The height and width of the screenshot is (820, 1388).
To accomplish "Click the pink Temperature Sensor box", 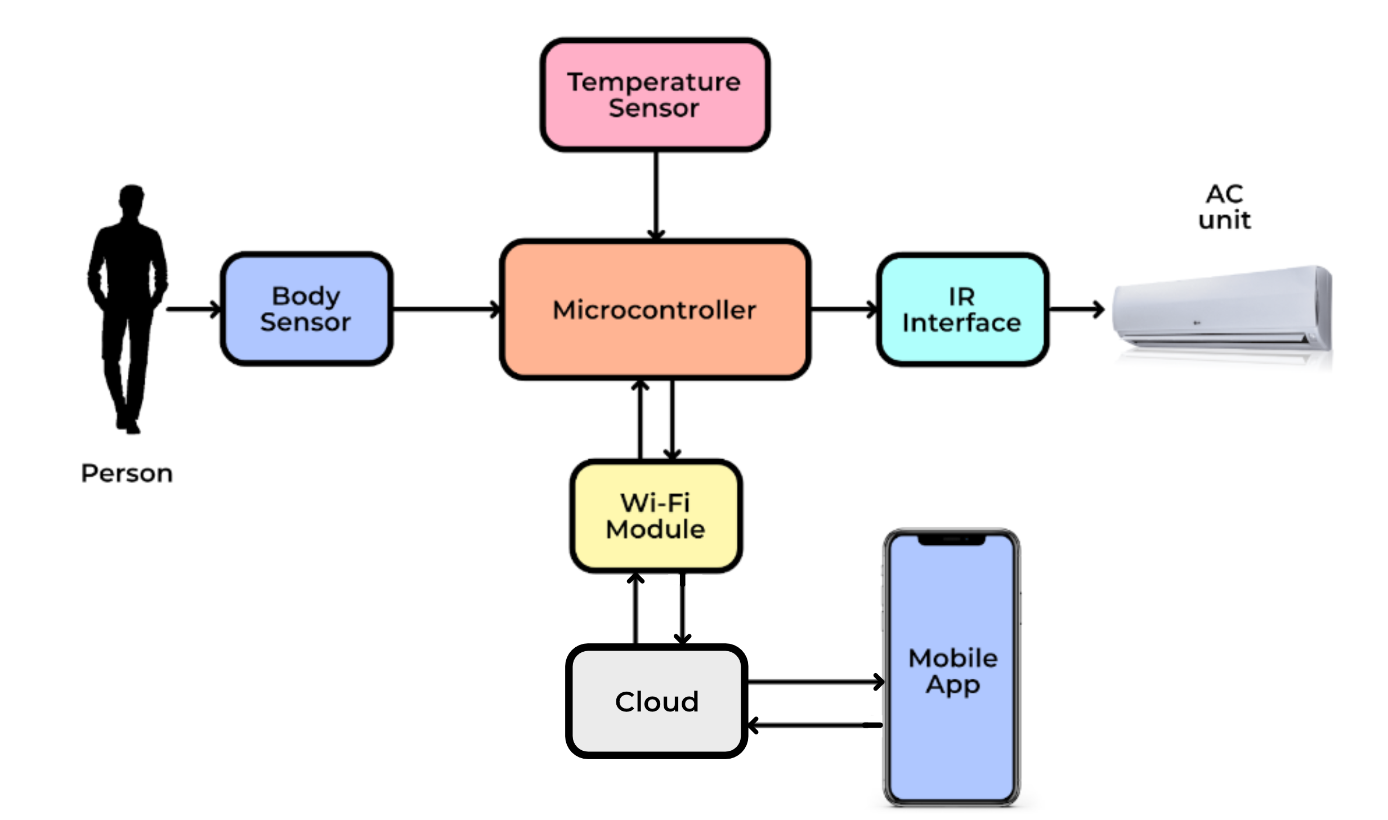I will coord(655,95).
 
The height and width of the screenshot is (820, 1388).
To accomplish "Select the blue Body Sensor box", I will coord(306,308).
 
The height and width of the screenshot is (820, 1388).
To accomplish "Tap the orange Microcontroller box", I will coord(655,309).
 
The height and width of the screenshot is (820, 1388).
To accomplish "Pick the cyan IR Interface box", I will coord(961,309).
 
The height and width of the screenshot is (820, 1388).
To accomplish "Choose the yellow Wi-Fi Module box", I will coord(655,516).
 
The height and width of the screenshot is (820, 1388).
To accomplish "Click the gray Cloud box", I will coord(656,701).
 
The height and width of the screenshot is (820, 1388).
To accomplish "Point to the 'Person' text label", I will coord(127,473).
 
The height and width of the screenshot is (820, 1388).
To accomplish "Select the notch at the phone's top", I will coord(951,540).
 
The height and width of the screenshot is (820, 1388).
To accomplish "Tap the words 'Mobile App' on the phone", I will coord(952,671).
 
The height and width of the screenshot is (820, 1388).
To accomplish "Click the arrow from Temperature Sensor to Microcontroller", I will coord(656,194).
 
